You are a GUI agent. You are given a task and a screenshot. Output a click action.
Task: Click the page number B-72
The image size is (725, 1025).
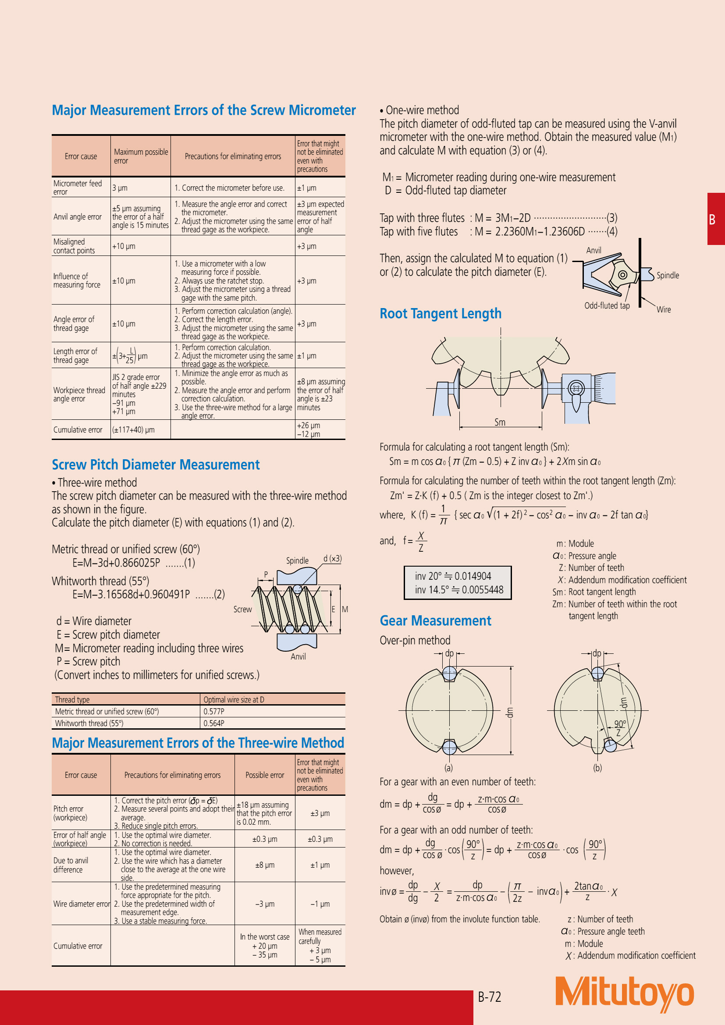pos(489,997)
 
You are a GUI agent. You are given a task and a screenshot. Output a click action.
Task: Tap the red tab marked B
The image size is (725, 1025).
pos(715,219)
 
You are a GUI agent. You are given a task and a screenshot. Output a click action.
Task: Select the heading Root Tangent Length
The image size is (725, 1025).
pos(440,313)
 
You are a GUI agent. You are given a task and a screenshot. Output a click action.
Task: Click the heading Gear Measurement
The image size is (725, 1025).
pos(435,621)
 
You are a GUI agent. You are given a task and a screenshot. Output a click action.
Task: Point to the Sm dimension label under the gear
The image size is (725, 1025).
pos(500,422)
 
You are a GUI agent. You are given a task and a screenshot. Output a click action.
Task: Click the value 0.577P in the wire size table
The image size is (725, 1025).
pos(214,712)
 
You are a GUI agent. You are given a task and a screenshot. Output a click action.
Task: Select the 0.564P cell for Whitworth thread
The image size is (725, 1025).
pos(214,723)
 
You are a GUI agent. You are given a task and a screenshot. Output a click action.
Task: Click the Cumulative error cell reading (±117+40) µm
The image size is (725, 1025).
pos(133,430)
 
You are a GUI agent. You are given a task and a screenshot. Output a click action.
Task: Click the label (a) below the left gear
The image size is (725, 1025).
pos(448,768)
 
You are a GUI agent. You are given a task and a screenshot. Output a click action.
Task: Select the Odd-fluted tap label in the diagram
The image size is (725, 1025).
pos(607,306)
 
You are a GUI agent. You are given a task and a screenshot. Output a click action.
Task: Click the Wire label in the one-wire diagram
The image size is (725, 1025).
pos(663,309)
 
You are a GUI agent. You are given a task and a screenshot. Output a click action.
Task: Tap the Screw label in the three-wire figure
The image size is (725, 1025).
pos(242,610)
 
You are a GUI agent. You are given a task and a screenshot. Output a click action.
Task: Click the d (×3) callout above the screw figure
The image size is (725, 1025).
pos(333,558)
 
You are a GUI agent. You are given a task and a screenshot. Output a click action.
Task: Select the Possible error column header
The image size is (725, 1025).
pos(265,776)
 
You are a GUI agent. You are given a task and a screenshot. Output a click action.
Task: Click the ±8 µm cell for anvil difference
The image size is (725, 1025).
pos(265,865)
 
